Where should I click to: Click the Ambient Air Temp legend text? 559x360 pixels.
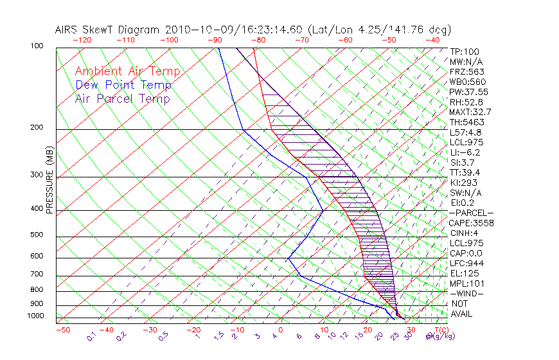tap(127, 71)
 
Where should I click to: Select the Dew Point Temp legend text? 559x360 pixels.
tap(123, 85)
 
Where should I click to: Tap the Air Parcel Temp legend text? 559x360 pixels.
tap(122, 98)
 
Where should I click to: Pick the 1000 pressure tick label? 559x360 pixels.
tap(36, 316)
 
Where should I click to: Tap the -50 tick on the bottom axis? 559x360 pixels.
tap(62, 330)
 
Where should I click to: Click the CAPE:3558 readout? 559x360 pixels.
tap(471, 223)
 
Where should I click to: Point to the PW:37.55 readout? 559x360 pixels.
tap(468, 92)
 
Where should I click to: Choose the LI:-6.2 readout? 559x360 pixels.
tap(465, 152)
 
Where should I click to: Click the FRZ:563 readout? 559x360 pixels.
tap(467, 71)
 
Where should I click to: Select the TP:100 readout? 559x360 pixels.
tap(465, 51)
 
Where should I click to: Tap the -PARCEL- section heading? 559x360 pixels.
tap(471, 213)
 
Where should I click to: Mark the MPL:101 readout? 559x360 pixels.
tap(466, 283)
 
